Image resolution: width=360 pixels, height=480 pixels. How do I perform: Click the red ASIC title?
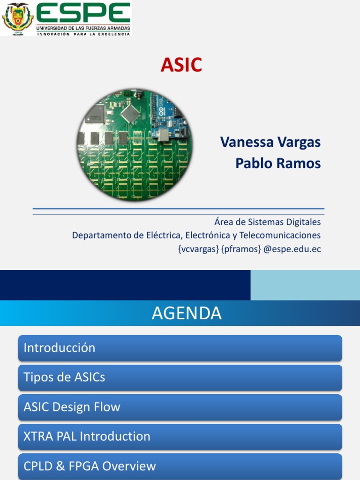click(181, 65)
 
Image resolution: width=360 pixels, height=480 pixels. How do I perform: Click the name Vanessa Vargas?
click(270, 142)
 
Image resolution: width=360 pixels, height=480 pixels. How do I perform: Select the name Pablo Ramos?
click(277, 164)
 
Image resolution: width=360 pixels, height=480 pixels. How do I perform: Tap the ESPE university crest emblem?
click(18, 18)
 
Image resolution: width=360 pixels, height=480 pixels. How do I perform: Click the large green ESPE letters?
click(83, 13)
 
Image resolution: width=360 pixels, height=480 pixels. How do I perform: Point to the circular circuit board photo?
click(135, 145)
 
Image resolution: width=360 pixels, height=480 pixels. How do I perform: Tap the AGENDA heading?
click(187, 313)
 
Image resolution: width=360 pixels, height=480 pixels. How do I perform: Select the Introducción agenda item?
click(60, 348)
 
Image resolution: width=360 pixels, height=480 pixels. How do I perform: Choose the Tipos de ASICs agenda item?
click(64, 377)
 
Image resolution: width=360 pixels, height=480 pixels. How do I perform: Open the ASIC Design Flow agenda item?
click(72, 407)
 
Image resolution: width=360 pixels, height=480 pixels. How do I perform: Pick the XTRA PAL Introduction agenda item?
click(87, 436)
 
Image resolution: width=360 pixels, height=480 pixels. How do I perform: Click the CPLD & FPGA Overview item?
click(90, 466)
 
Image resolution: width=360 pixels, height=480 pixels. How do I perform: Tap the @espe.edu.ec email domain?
click(292, 249)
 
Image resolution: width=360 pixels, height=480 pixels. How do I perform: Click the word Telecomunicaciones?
click(280, 235)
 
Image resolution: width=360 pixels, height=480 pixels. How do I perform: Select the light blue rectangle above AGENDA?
click(305, 285)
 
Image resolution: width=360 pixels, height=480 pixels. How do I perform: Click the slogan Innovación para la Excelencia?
click(83, 34)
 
